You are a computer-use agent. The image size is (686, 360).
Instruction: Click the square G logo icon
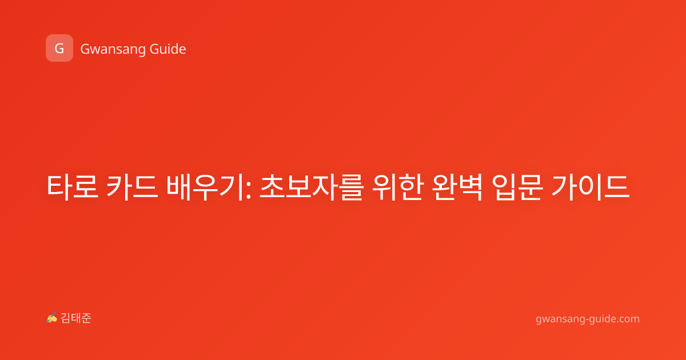click(x=59, y=48)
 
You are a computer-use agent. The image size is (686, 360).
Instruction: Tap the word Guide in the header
click(x=168, y=49)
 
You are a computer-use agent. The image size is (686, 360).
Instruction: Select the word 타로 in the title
click(x=72, y=187)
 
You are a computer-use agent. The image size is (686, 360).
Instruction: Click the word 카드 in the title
click(x=132, y=187)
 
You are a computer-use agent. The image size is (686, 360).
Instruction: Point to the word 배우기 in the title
click(x=205, y=187)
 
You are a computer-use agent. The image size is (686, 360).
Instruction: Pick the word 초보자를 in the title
click(x=312, y=187)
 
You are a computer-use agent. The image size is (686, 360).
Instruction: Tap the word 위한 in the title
click(x=398, y=187)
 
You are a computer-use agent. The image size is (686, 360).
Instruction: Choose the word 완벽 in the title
click(x=457, y=187)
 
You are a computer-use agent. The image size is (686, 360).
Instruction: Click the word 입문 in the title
click(x=517, y=187)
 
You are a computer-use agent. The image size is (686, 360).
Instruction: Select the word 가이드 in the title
click(x=591, y=187)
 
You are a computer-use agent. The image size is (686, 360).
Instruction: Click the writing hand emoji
click(x=52, y=318)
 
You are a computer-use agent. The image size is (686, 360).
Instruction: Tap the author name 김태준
click(x=76, y=318)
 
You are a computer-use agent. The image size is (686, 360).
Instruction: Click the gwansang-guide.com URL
click(x=588, y=319)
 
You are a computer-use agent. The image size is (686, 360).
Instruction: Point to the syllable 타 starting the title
click(x=59, y=187)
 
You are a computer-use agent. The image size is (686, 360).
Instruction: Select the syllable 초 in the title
click(x=272, y=187)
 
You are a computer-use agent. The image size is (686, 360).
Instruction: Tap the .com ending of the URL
click(x=627, y=319)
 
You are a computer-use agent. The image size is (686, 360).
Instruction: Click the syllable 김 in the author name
click(x=66, y=318)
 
